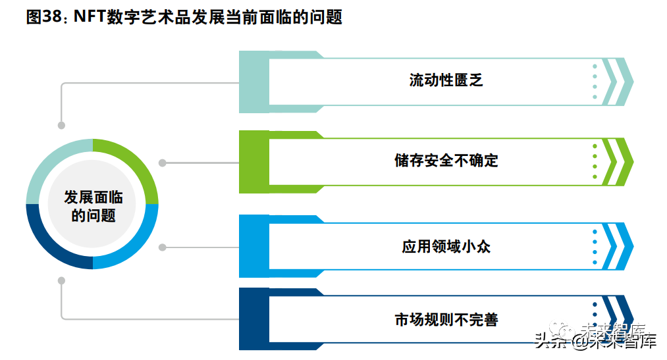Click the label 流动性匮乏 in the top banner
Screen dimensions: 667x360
click(x=446, y=81)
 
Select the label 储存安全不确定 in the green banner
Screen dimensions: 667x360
click(x=446, y=161)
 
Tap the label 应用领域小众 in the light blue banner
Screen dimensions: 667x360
click(x=446, y=247)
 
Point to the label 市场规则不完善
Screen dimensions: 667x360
click(x=446, y=320)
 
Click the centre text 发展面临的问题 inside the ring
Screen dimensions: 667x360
click(x=93, y=205)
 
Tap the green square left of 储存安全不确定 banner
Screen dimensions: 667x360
click(x=253, y=161)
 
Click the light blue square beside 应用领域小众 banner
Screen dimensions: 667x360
click(x=253, y=246)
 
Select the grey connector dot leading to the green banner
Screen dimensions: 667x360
click(x=163, y=163)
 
